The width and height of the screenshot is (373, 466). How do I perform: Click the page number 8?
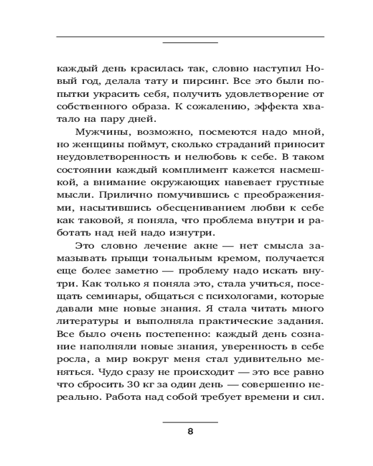(x=190, y=431)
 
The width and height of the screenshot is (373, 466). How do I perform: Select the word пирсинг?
(x=185, y=81)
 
